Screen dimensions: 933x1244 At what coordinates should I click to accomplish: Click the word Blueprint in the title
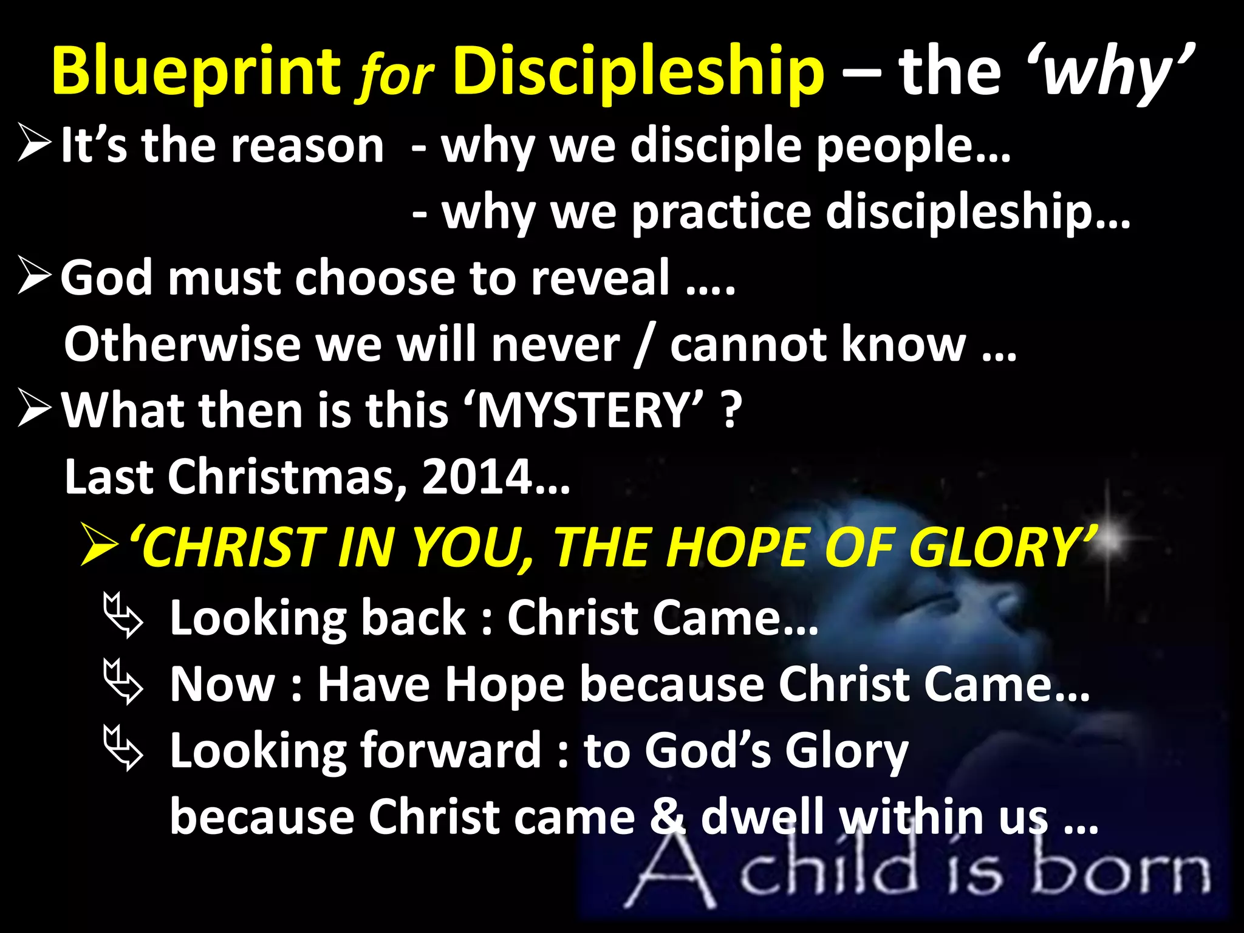point(196,72)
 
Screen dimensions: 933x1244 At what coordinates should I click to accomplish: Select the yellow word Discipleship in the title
point(638,72)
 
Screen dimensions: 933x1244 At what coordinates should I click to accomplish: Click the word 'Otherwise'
point(182,344)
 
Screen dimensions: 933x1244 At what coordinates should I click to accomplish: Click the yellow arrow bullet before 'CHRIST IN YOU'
point(99,546)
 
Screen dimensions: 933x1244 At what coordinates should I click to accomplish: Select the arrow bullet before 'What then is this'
point(35,408)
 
